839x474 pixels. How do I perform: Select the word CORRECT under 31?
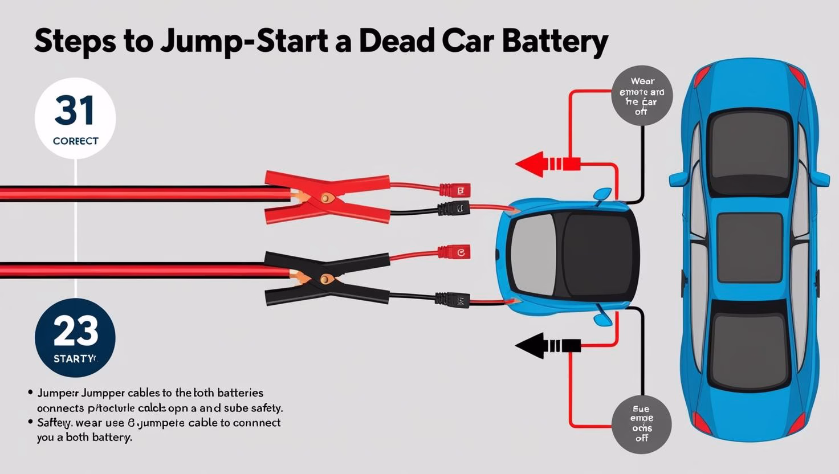point(75,141)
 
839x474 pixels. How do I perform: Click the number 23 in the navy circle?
point(75,332)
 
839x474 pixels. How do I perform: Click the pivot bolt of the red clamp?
point(326,198)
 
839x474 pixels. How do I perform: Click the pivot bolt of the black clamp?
point(326,279)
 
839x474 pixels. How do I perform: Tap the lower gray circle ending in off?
point(641,424)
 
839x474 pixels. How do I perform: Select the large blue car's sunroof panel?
point(749,247)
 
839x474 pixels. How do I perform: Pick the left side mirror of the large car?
point(678,179)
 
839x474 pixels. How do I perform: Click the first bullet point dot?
point(30,393)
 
